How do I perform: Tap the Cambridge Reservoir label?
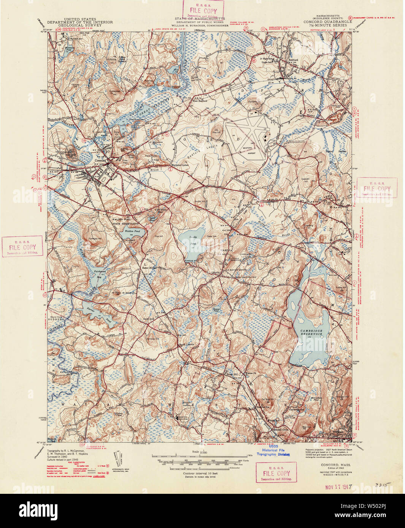[311, 333]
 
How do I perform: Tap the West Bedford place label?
[200, 101]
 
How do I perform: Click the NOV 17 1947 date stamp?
[337, 486]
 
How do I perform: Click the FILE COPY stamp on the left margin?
[23, 247]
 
